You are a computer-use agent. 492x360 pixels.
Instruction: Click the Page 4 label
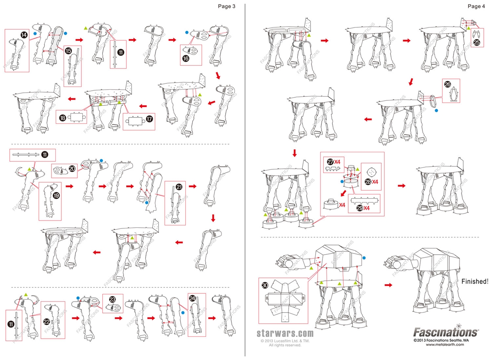476,6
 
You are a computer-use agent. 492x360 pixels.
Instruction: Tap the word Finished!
475,281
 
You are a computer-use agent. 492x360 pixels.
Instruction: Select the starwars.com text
285,333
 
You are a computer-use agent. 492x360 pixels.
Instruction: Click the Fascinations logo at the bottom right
446,332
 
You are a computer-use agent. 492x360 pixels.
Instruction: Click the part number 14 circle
24,35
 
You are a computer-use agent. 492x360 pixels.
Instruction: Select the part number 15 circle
68,50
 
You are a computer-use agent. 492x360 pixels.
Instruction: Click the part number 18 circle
62,118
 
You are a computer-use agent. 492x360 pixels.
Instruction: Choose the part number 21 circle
179,187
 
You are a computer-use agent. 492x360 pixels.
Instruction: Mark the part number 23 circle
113,299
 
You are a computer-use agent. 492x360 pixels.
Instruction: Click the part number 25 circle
477,43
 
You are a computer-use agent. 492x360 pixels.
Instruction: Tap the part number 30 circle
265,285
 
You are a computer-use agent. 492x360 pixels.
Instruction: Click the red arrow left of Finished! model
388,285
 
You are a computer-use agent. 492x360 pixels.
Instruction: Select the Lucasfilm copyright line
285,341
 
